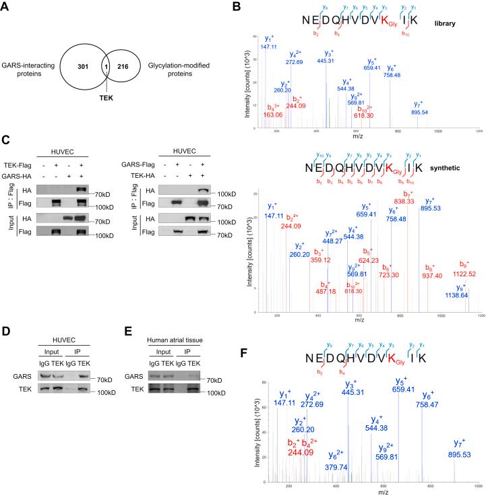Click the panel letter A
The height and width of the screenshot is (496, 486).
click(x=6, y=7)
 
